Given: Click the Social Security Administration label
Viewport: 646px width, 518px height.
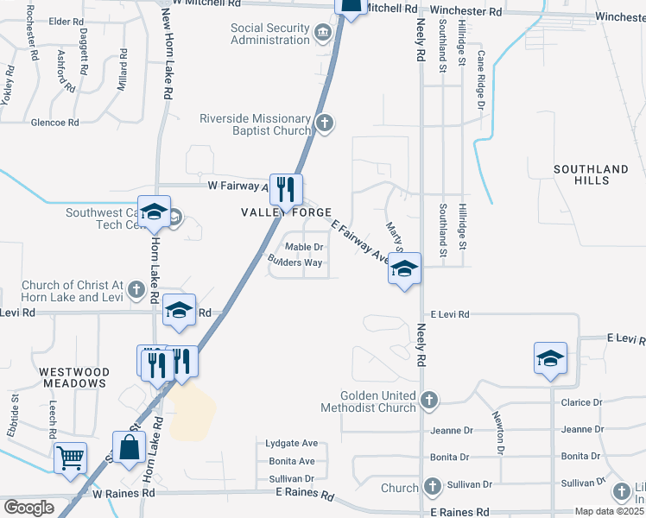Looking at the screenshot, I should click(270, 34).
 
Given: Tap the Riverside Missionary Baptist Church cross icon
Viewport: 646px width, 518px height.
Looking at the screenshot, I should click(325, 123).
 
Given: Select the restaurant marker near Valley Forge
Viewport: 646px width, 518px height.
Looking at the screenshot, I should click(285, 189).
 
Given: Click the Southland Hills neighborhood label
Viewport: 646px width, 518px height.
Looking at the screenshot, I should click(592, 175).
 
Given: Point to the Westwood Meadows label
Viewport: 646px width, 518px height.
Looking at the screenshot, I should click(73, 376).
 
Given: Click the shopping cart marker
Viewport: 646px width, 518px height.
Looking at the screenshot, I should click(70, 458).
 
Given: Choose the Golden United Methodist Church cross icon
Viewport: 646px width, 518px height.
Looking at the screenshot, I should click(429, 400).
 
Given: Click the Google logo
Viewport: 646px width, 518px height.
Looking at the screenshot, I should click(28, 508).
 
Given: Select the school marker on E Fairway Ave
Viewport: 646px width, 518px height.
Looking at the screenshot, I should click(403, 268).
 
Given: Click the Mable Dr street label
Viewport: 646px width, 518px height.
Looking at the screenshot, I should click(304, 247).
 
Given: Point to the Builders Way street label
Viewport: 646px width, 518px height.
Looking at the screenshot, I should click(295, 262).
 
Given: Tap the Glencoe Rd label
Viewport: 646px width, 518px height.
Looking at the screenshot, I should click(54, 123).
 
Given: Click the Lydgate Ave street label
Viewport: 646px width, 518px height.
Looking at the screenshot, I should click(292, 444).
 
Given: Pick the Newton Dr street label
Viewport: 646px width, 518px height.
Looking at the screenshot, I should click(499, 432).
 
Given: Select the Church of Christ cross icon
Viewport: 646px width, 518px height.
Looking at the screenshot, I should click(136, 290).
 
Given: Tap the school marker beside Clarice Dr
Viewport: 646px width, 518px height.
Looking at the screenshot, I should click(550, 358).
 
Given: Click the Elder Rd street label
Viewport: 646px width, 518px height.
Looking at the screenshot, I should click(65, 22).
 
